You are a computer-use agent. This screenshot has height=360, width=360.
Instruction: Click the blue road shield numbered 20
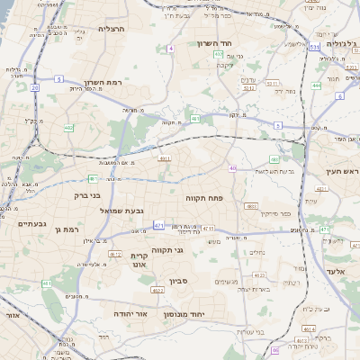[35, 88]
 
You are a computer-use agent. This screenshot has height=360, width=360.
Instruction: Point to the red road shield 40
[232, 168]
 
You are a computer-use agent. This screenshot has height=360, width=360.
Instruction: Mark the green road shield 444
[316, 85]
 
